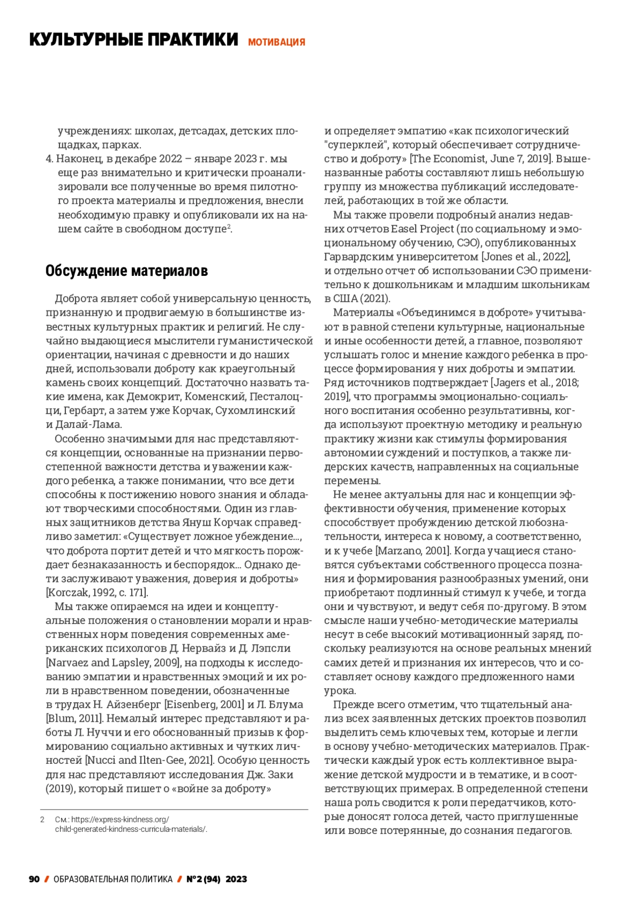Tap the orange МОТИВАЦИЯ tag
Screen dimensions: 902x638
tap(276, 42)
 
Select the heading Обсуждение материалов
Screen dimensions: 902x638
tap(127, 271)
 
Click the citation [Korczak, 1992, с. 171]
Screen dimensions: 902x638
tap(97, 593)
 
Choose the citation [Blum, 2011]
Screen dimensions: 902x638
tap(75, 719)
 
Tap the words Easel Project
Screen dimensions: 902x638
tap(423, 229)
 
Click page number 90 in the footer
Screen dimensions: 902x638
tap(34, 879)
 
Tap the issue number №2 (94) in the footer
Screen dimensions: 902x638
tap(204, 879)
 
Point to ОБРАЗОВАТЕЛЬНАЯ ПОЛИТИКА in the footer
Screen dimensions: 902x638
tap(113, 879)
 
